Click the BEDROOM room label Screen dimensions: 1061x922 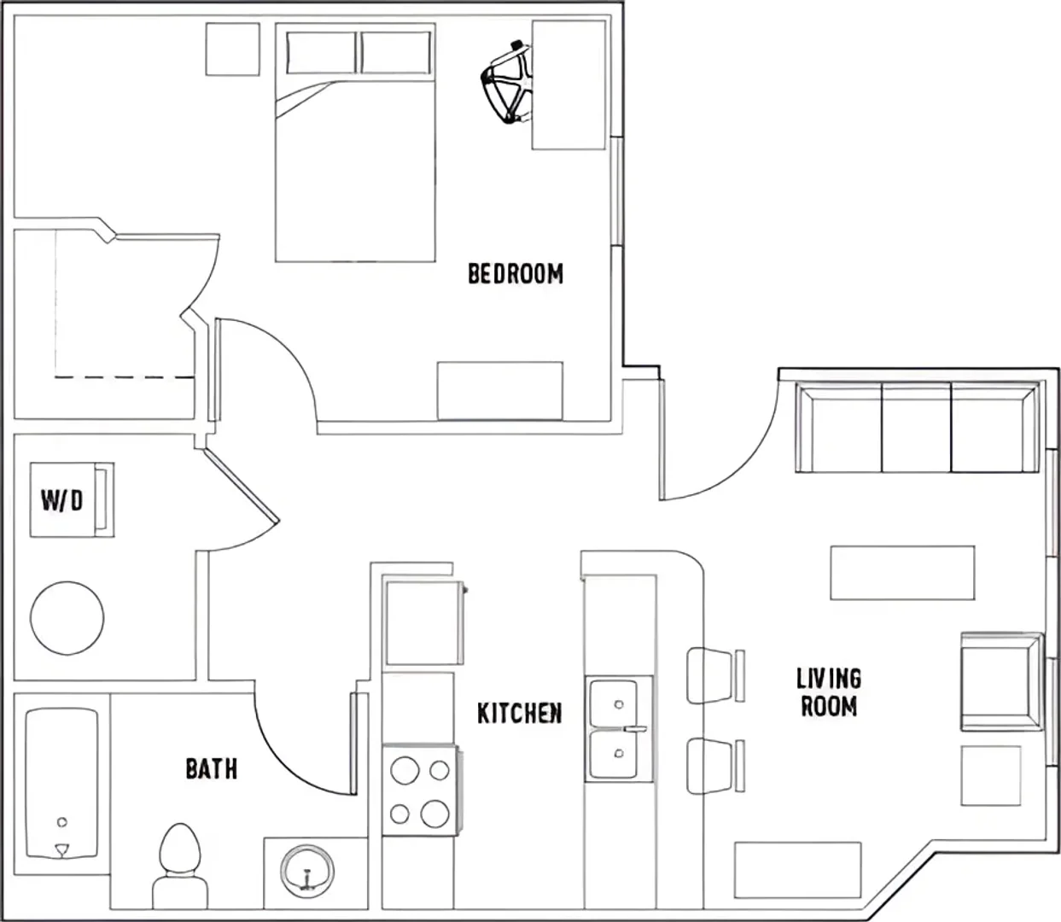pyautogui.click(x=516, y=274)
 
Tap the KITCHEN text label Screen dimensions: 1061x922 pyautogui.click(x=520, y=714)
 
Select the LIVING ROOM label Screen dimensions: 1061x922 pyautogui.click(x=829, y=693)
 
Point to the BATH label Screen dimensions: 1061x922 pyautogui.click(x=212, y=769)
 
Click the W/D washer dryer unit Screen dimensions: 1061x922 pyautogui.click(x=72, y=500)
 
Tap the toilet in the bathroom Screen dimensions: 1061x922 pyautogui.click(x=180, y=866)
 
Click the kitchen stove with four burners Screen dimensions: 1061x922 pyautogui.click(x=421, y=790)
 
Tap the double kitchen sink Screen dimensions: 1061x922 pyautogui.click(x=619, y=728)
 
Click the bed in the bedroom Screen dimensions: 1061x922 pyautogui.click(x=355, y=142)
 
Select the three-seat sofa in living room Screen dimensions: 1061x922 pyautogui.click(x=918, y=428)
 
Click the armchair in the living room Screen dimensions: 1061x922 pyautogui.click(x=1001, y=681)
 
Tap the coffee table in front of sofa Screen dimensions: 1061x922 pyautogui.click(x=902, y=573)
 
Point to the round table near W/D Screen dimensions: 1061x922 pyautogui.click(x=67, y=618)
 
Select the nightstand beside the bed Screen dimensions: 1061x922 pyautogui.click(x=233, y=50)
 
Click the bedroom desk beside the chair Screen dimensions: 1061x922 pyautogui.click(x=568, y=85)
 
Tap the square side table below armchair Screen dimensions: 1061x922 pyautogui.click(x=991, y=775)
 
